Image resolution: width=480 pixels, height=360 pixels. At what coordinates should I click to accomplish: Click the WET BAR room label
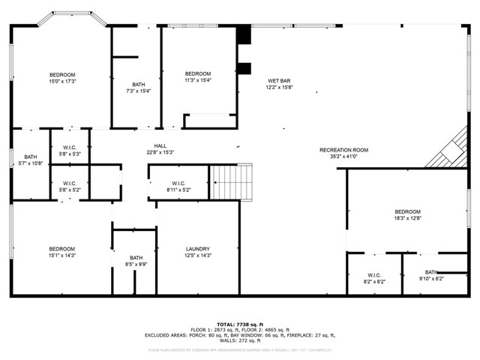[x=278, y=81]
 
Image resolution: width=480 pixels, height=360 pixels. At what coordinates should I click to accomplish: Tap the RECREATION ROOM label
[x=343, y=150]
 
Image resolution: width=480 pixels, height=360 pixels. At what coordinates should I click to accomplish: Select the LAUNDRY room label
[x=198, y=249]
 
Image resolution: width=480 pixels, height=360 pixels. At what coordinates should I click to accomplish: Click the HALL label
[x=160, y=146]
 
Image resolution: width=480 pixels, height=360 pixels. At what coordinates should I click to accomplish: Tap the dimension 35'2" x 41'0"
[x=343, y=156]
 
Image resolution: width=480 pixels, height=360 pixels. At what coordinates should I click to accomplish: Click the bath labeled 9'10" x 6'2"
[x=431, y=275]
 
